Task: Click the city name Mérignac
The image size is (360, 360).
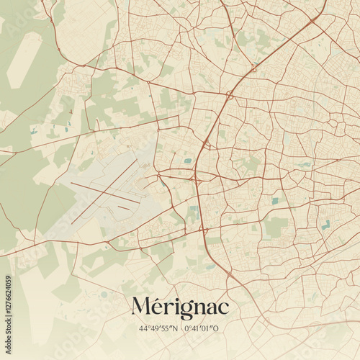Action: (180, 307)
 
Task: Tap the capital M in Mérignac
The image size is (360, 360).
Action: (143, 307)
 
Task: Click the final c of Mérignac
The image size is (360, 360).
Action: (223, 308)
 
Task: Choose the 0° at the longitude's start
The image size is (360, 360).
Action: (187, 328)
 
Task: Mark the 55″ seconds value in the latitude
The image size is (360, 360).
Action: (165, 328)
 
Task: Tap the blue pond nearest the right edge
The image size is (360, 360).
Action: (326, 225)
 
